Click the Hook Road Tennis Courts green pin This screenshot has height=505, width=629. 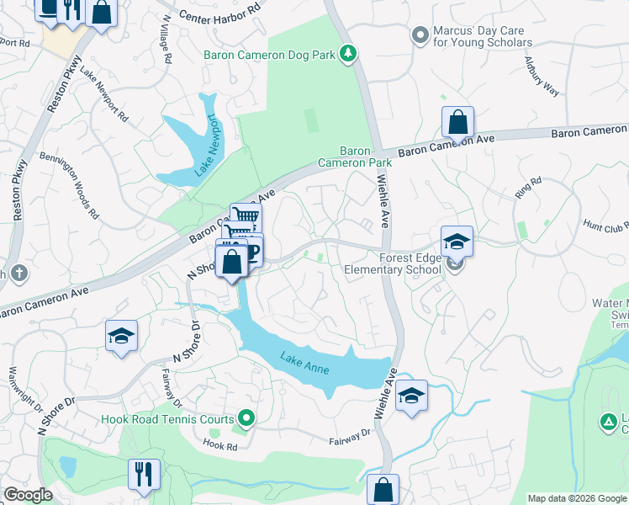tap(246, 417)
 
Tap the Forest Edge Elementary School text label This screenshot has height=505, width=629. tap(393, 263)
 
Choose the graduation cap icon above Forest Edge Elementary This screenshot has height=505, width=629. tap(457, 242)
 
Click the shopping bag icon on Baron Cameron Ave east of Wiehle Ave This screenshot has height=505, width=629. tap(457, 122)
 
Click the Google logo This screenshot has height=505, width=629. tap(29, 495)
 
